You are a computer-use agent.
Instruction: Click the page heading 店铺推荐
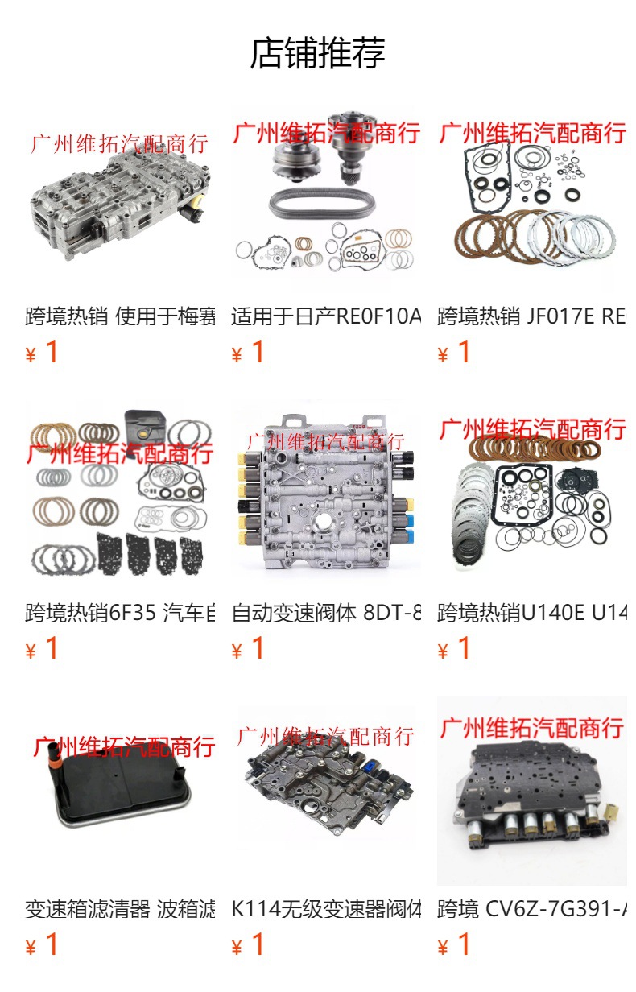point(317,53)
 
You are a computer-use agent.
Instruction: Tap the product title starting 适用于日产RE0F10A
point(325,316)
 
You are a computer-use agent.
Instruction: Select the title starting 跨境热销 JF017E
point(531,316)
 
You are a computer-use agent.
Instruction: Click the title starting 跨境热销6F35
point(119,613)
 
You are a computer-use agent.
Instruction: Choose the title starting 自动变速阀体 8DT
point(325,613)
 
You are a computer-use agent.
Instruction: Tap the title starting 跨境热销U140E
point(531,613)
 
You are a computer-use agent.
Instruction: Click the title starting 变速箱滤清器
point(119,909)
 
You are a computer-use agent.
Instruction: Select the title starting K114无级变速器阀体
point(325,909)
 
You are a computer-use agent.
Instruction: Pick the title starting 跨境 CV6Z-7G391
point(531,909)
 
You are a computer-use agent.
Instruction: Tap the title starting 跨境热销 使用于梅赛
point(119,316)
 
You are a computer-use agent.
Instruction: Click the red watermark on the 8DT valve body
point(325,441)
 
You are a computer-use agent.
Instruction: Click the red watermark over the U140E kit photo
point(531,429)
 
